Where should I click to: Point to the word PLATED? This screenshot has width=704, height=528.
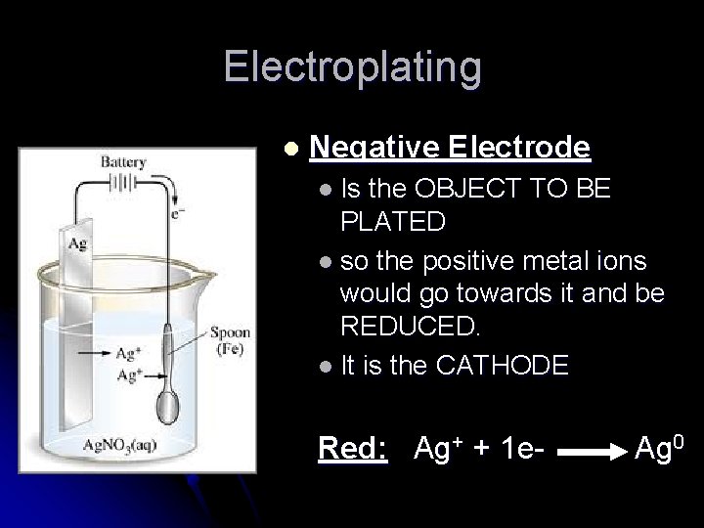tap(393, 222)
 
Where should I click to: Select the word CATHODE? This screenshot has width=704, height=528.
tap(501, 366)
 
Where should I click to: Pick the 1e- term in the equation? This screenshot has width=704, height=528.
tap(518, 449)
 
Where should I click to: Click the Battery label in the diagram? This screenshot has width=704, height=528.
tap(122, 162)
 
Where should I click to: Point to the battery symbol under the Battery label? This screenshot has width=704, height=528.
tap(122, 183)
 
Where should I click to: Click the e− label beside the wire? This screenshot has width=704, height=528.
tap(177, 211)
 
